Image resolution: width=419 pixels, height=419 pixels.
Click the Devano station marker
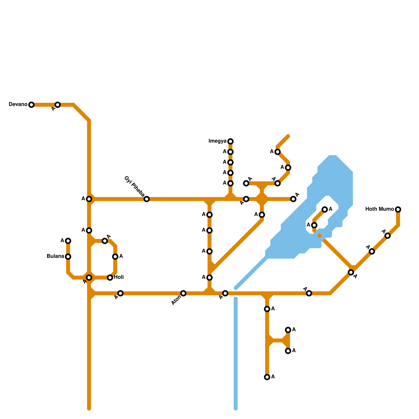coord(31,105)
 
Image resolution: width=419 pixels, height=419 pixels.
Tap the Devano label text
coord(18,104)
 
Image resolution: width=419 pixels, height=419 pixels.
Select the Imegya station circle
coord(230,141)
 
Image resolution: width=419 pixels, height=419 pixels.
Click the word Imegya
coord(217,141)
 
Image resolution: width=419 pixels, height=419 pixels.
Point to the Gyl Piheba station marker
coord(147,199)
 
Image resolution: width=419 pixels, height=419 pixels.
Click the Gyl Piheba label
coord(134,186)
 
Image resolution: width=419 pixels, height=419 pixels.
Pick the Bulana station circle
coord(68,257)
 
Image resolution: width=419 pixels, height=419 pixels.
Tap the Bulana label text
coord(55,256)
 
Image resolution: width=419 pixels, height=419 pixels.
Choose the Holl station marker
coord(110,278)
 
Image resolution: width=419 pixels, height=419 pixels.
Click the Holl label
coord(119,277)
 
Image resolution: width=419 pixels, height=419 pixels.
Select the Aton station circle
coord(183,293)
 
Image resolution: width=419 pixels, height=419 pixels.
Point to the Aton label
coord(176,300)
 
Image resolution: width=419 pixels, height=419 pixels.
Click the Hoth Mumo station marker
coord(398,210)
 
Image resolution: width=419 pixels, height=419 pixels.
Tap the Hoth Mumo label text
coord(379,209)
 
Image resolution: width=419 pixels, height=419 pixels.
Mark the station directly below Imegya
coord(230,152)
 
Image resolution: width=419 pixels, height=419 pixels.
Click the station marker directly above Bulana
coord(68,241)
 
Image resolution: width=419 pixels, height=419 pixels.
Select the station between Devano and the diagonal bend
coord(58,105)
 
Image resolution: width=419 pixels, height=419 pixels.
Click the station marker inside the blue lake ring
coord(325,210)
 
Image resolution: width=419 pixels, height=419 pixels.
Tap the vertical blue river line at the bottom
coord(236,354)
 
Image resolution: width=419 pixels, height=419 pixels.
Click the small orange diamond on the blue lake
coord(319,236)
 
